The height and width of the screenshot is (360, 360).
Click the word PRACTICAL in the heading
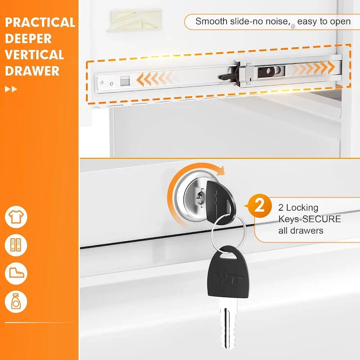(x=40, y=22)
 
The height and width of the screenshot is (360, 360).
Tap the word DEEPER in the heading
(x=28, y=39)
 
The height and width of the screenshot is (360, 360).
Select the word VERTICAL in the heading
(x=34, y=54)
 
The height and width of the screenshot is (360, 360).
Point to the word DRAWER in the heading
(x=32, y=71)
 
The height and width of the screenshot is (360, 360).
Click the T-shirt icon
(x=16, y=217)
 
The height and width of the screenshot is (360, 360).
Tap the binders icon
(x=16, y=245)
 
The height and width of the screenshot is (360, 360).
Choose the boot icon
(x=16, y=274)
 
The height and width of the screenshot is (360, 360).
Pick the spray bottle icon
(x=16, y=301)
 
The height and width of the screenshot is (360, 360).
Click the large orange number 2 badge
(x=260, y=206)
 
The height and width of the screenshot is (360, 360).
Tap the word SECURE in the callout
(x=322, y=219)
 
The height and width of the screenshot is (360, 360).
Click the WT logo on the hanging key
(x=229, y=279)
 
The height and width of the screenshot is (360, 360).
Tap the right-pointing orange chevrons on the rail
(x=313, y=67)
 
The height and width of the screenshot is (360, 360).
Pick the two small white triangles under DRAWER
(x=11, y=89)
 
